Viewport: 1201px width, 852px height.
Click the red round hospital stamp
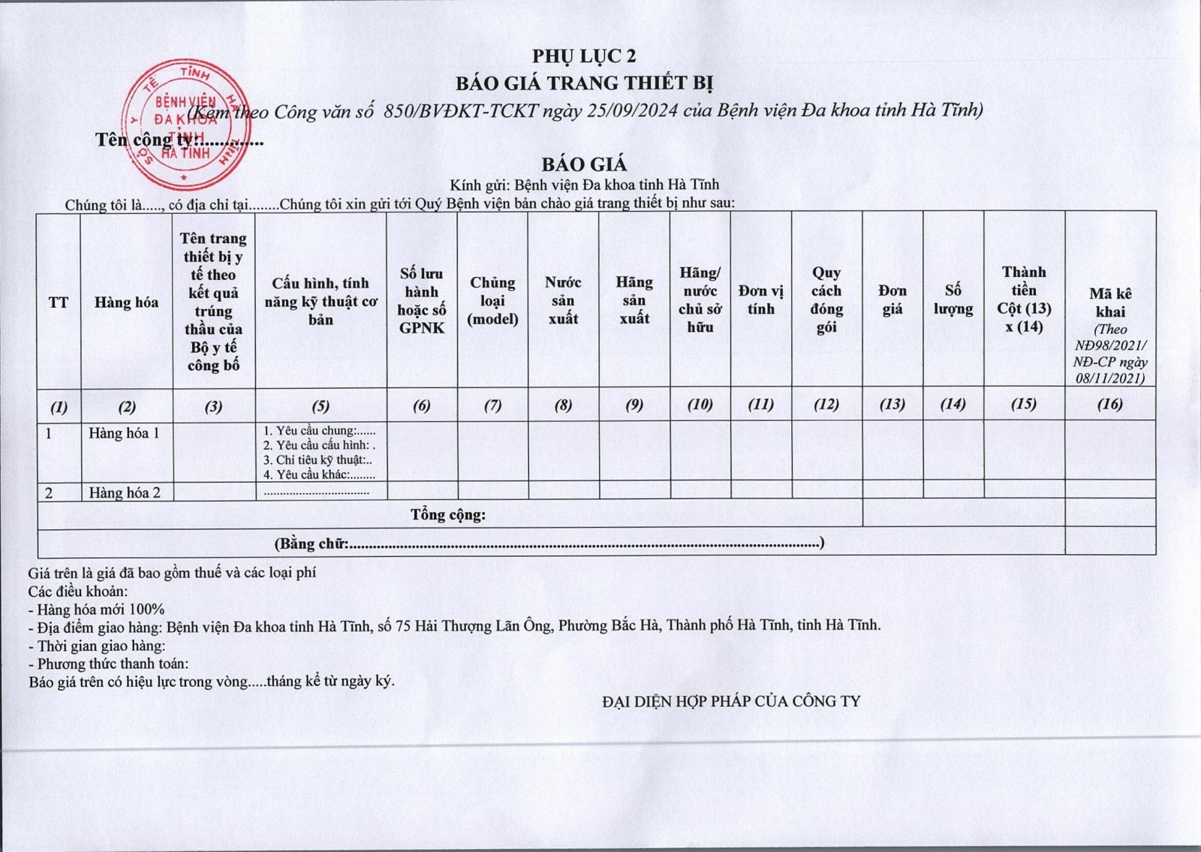click(x=184, y=124)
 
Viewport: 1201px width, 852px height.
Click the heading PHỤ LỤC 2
click(x=584, y=56)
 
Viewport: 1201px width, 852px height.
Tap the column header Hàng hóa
click(x=126, y=303)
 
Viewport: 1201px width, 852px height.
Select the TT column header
click(x=59, y=303)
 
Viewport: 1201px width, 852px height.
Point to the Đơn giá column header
click(x=892, y=300)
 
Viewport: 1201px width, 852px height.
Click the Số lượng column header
click(x=953, y=300)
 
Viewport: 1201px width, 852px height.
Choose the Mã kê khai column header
click(x=1110, y=303)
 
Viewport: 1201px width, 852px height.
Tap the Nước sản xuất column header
click(x=563, y=300)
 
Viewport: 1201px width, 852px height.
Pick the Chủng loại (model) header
click(x=492, y=300)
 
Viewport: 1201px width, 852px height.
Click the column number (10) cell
click(x=700, y=405)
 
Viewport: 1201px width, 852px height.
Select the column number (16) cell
click(x=1109, y=405)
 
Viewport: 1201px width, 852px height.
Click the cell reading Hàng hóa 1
click(x=124, y=433)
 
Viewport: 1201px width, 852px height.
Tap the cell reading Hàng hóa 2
click(x=124, y=492)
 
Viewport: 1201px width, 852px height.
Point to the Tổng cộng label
click(x=448, y=515)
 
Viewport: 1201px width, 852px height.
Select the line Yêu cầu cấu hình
click(x=319, y=445)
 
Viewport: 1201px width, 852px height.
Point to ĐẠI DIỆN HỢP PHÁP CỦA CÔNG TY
click(x=731, y=701)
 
